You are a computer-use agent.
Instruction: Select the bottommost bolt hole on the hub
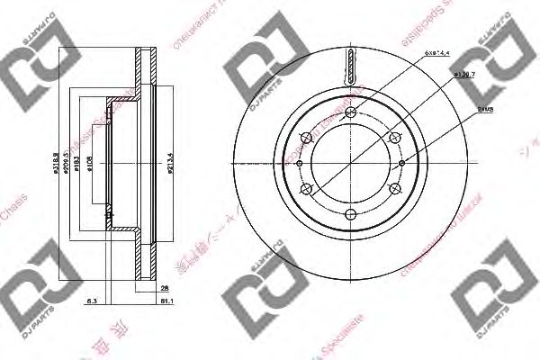tap(350, 214)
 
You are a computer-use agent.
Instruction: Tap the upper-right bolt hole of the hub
tap(393, 138)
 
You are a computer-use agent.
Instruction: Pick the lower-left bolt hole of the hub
tap(306, 189)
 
